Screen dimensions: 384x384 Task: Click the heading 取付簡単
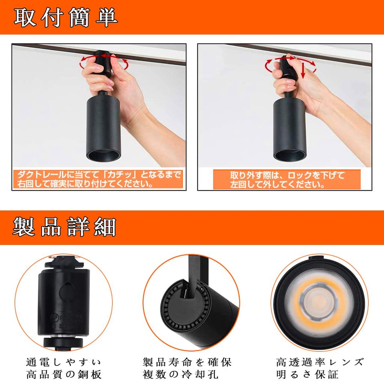coord(66,17)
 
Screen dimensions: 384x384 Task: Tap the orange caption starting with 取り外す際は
coord(287,179)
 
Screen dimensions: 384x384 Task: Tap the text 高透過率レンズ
coord(319,362)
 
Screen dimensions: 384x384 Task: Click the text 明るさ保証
coord(307,374)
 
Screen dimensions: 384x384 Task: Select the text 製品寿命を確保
coord(187,362)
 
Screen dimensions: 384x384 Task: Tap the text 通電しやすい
coord(64,362)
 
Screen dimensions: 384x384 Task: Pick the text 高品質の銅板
coord(64,374)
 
